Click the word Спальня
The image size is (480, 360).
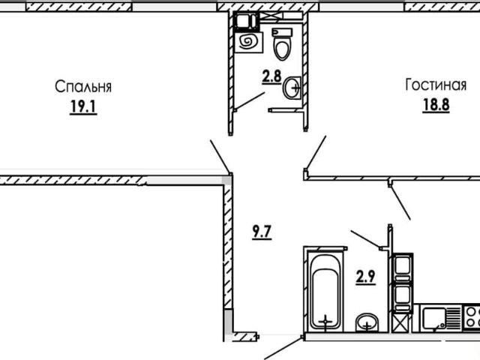point(83,87)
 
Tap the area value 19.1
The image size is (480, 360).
point(83,107)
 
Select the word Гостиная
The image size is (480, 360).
point(436,85)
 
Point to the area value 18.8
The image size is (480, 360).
point(436,105)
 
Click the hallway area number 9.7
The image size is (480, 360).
point(262,232)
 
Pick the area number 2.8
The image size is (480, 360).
point(271,76)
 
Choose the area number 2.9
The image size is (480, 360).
point(365,277)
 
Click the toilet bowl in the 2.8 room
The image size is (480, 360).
point(283,44)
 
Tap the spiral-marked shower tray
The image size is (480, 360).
point(248,41)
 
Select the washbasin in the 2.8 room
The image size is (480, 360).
point(292,88)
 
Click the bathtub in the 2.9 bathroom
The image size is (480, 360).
point(325,290)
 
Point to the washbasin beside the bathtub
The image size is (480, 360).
point(367,322)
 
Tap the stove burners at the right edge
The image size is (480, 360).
point(472,317)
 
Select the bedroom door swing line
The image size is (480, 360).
point(220,156)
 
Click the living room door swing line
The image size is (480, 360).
point(315,152)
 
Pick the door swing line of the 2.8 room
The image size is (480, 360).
point(250,100)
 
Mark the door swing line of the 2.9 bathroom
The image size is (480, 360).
point(366,238)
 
